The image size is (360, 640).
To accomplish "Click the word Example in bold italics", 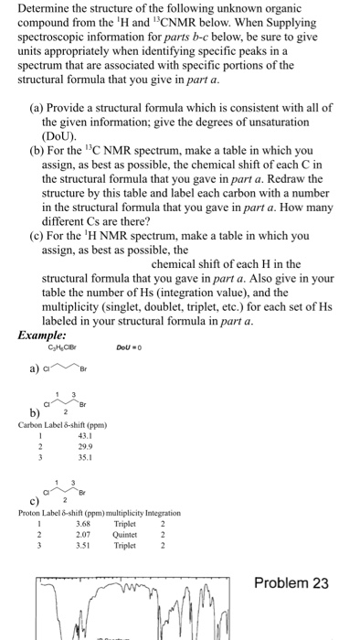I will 41,336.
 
